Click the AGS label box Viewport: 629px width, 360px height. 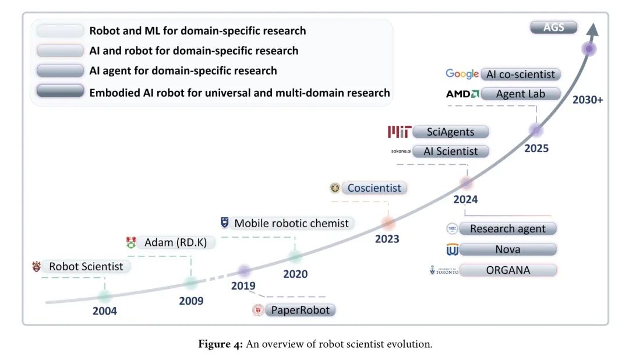click(553, 27)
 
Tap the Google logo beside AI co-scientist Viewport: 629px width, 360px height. click(462, 74)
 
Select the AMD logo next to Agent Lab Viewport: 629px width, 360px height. click(462, 94)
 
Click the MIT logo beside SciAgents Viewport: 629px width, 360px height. click(400, 132)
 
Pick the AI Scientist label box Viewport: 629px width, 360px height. click(451, 151)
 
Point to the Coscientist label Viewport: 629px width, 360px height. click(374, 188)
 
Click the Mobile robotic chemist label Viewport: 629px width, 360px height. click(291, 223)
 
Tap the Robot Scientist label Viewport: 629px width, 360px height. click(86, 267)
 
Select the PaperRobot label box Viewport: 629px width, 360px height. click(301, 310)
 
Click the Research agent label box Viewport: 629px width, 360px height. click(508, 229)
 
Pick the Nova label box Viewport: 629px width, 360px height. click(508, 250)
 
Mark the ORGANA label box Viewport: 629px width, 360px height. click(508, 270)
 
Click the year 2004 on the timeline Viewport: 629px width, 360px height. click(105, 311)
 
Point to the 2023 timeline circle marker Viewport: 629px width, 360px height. click(388, 223)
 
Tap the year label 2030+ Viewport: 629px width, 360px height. click(586, 100)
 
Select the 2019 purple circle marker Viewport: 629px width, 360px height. click(244, 271)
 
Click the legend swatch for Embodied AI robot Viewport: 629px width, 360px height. click(60, 92)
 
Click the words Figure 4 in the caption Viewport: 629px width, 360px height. click(220, 344)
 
